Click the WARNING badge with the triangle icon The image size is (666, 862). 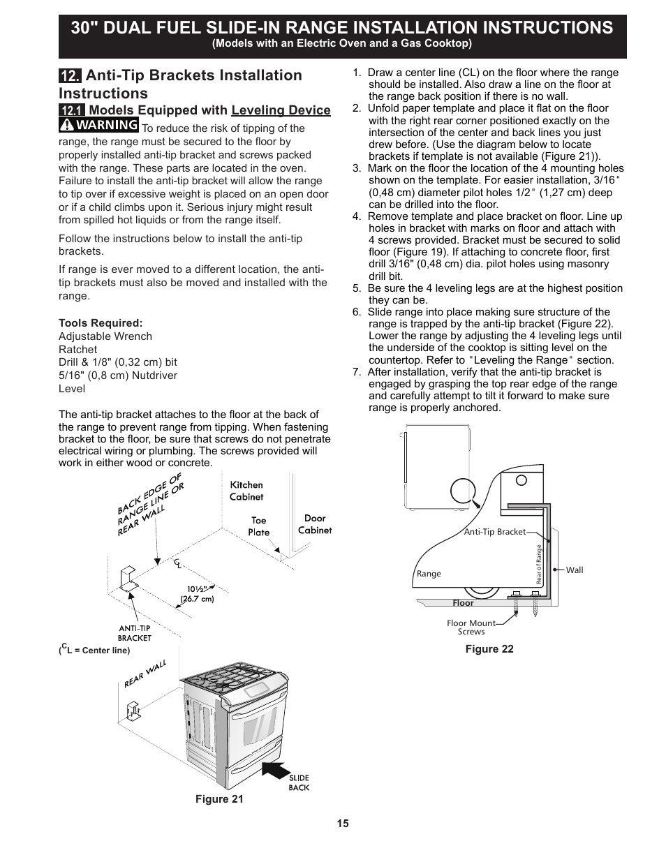(98, 125)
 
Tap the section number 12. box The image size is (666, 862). (70, 76)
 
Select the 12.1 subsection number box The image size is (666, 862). (72, 110)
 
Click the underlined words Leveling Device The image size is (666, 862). (281, 110)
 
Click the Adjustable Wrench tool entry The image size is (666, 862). (105, 336)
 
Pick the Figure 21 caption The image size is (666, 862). (219, 799)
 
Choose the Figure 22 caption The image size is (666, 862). (489, 649)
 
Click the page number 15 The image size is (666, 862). (342, 824)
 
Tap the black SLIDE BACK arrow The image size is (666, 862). (276, 771)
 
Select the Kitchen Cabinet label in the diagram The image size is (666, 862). (246, 491)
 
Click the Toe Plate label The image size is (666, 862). (259, 526)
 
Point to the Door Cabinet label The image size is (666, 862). (315, 524)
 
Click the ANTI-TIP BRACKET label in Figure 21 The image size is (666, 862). (135, 633)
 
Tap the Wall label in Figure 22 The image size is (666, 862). (575, 570)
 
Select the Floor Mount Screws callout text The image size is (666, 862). (471, 627)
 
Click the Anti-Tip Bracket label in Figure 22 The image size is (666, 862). (495, 532)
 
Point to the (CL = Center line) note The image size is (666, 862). (95, 650)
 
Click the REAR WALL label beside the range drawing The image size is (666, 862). (145, 674)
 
